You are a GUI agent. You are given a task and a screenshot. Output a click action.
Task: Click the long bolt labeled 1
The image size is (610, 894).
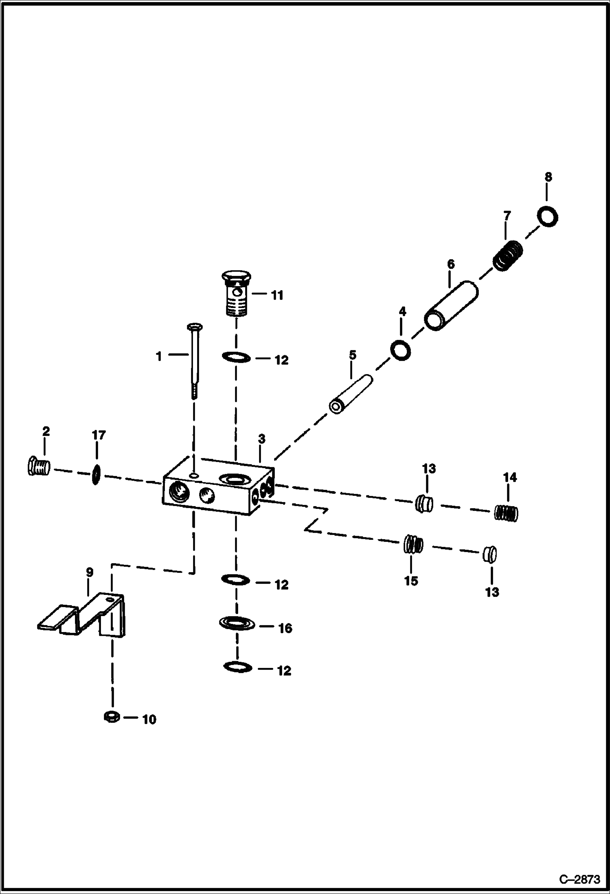pyautogui.click(x=193, y=359)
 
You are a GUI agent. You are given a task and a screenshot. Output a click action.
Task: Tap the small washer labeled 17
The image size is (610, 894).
pyautogui.click(x=96, y=475)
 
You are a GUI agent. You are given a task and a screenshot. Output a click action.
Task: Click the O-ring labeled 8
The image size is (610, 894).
pyautogui.click(x=547, y=216)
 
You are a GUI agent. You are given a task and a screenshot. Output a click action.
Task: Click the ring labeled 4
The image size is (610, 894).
pyautogui.click(x=400, y=350)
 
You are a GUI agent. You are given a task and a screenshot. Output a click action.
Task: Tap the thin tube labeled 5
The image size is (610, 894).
pyautogui.click(x=351, y=395)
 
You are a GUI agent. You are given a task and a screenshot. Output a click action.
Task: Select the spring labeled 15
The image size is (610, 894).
pyautogui.click(x=413, y=544)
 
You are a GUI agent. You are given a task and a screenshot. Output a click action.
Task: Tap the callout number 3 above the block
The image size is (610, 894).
pyautogui.click(x=261, y=439)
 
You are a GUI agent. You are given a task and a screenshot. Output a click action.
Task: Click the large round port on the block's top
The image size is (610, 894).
pyautogui.click(x=230, y=478)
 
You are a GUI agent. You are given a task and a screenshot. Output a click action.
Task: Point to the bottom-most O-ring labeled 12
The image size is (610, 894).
pyautogui.click(x=238, y=667)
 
